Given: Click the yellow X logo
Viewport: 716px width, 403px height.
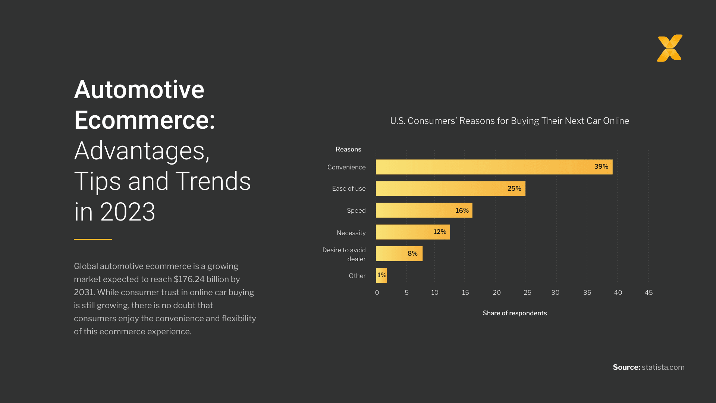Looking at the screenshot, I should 670,48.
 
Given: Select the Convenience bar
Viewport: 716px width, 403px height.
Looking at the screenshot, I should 485,167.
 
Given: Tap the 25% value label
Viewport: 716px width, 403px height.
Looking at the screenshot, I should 514,188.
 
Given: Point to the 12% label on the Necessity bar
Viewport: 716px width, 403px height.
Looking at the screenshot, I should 439,232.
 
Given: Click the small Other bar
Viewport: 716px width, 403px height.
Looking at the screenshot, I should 381,275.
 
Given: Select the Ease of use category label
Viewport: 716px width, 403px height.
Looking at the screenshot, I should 349,188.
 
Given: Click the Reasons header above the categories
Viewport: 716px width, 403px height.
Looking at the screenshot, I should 348,149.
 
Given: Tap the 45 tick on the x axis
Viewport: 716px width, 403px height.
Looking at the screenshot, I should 649,293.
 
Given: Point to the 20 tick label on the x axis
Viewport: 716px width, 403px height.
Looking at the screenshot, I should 496,293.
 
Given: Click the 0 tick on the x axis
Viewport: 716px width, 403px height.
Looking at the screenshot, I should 377,293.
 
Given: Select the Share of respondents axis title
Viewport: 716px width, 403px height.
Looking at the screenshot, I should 515,313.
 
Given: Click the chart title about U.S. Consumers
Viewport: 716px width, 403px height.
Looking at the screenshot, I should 509,121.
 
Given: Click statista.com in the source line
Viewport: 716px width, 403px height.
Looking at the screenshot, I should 663,367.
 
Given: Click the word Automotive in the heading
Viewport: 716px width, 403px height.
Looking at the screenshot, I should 139,90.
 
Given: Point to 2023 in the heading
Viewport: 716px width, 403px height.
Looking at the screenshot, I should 128,212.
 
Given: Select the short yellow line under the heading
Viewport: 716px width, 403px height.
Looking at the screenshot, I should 93,239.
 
